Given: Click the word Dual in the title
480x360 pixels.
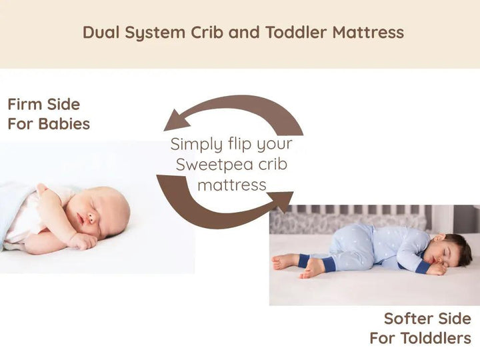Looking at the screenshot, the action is coord(101,32).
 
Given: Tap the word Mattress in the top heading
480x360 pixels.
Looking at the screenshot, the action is coord(368,32).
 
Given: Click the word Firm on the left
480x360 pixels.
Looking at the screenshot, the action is coord(25,105).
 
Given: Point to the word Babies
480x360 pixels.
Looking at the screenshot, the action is coord(64,124).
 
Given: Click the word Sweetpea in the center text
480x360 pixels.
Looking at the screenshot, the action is coord(214,165).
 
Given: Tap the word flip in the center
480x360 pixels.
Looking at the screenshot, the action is coord(240,144).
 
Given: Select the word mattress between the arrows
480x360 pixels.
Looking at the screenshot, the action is coord(232,185).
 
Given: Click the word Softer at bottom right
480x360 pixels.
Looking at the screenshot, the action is coord(409,319).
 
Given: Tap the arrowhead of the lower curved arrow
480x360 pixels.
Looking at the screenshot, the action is coord(281,201).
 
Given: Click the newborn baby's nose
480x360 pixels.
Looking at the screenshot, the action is coord(91,218).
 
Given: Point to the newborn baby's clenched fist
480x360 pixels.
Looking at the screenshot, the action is coord(81,241).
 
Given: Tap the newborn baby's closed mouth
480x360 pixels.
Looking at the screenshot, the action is coord(81,219).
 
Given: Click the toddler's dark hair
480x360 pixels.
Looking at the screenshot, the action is coord(459,247).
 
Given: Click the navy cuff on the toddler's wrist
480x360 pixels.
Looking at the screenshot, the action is coord(423,267).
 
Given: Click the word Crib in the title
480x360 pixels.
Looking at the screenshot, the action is coord(207,32).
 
